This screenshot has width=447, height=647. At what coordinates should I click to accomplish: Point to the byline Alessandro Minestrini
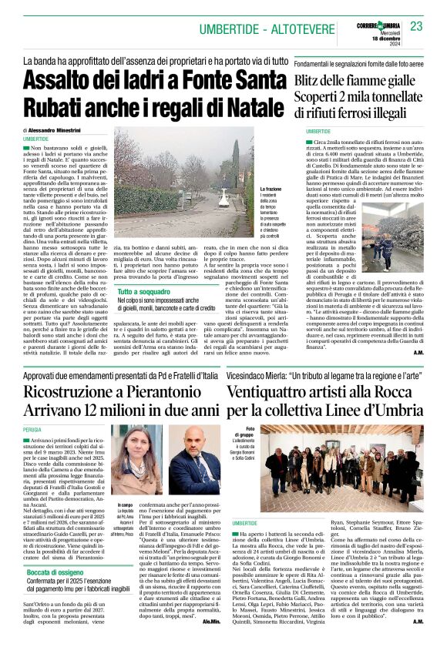(x=61, y=130)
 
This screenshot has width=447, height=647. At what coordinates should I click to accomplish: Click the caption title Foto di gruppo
(x=250, y=433)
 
